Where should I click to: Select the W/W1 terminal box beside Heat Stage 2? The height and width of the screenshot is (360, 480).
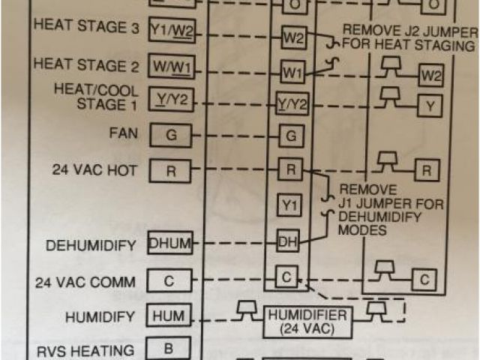pyautogui.click(x=171, y=67)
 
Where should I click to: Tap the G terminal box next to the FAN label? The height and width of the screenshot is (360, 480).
pyautogui.click(x=171, y=136)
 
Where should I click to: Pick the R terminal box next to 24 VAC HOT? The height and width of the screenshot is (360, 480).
pyautogui.click(x=171, y=170)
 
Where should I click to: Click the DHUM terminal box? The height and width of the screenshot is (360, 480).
pyautogui.click(x=170, y=243)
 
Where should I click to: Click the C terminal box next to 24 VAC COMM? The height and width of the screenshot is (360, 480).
pyautogui.click(x=169, y=280)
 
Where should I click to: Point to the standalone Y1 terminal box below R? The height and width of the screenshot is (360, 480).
pyautogui.click(x=290, y=204)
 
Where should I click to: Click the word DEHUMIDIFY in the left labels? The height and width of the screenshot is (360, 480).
pyautogui.click(x=91, y=245)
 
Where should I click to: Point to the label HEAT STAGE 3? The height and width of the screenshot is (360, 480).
pyautogui.click(x=86, y=26)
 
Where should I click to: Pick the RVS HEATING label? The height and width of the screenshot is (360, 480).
pyautogui.click(x=85, y=350)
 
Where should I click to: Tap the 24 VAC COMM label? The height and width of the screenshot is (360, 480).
pyautogui.click(x=85, y=283)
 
